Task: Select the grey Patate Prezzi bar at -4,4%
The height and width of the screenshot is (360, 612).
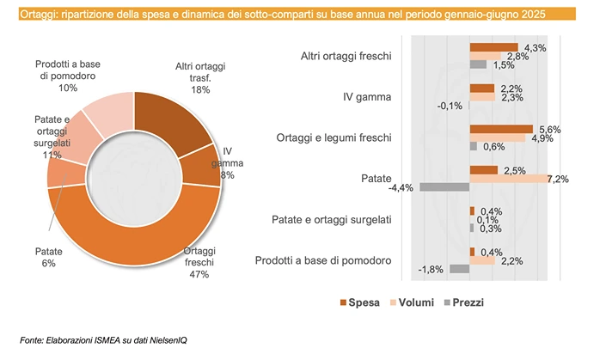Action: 444,187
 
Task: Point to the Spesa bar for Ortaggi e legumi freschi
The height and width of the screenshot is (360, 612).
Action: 501,129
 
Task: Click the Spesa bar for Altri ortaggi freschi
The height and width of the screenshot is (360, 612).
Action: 493,47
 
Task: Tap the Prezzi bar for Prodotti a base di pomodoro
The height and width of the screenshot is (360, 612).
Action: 460,269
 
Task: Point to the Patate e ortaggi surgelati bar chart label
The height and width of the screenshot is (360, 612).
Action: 332,220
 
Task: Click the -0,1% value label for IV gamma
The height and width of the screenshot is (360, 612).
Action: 450,107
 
